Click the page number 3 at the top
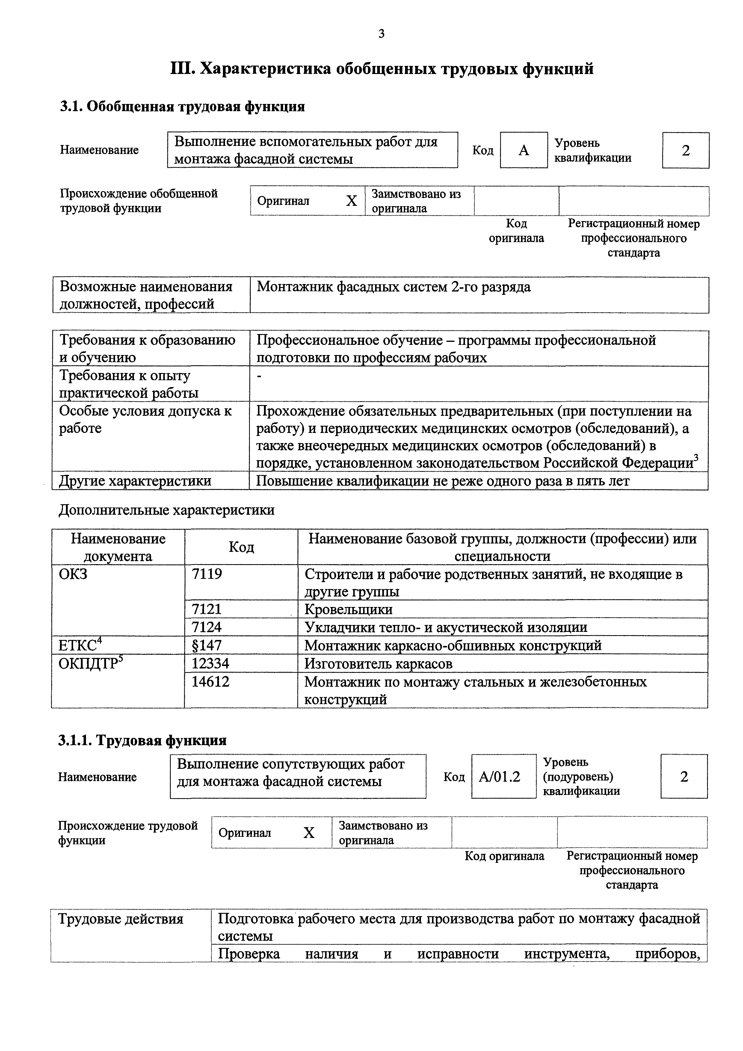pyautogui.click(x=381, y=34)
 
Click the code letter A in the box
pyautogui.click(x=524, y=150)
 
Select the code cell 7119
pyautogui.click(x=207, y=574)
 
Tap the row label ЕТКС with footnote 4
pyautogui.click(x=80, y=645)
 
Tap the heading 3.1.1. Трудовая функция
pyautogui.click(x=142, y=740)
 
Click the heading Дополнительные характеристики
pyautogui.click(x=167, y=510)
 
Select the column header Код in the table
pyautogui.click(x=241, y=547)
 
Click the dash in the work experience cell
pyautogui.click(x=259, y=376)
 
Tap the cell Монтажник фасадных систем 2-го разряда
pyautogui.click(x=394, y=287)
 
